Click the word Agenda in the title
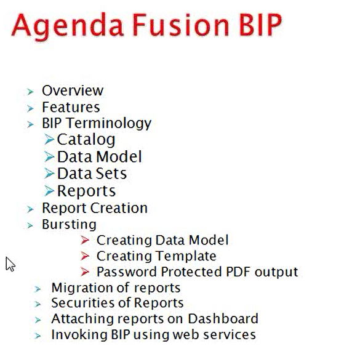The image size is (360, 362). [58, 26]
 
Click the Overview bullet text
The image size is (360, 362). [73, 90]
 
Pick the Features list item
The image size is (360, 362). [71, 107]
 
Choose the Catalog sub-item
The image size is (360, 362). [86, 140]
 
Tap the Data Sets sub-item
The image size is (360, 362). [92, 174]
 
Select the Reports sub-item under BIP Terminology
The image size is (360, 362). [86, 191]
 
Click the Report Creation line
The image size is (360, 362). [95, 208]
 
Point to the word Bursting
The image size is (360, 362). [69, 224]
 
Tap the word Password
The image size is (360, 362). [125, 271]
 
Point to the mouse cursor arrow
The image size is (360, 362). [9, 263]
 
